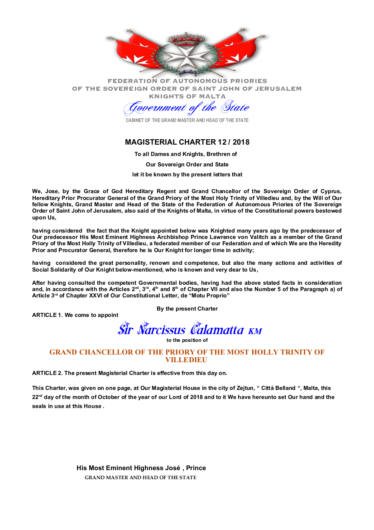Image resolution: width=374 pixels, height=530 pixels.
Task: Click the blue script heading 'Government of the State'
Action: coord(187,108)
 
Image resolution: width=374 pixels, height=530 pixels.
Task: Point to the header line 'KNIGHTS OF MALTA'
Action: coord(187,96)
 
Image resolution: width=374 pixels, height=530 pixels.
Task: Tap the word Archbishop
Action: coord(213,237)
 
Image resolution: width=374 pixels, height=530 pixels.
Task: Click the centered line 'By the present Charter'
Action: coord(187,309)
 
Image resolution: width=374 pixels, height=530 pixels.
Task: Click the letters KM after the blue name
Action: coord(255,331)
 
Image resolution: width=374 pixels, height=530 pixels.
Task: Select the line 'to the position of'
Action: coord(187,340)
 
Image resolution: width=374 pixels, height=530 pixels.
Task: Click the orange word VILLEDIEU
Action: coord(187,360)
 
